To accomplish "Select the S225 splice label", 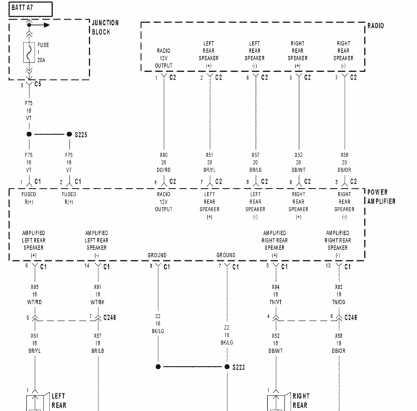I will pyautogui.click(x=81, y=134).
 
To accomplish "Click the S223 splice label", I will pyautogui.click(x=239, y=367).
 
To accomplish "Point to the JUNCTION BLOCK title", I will pyautogui.click(x=105, y=27).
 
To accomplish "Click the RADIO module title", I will pyautogui.click(x=376, y=26).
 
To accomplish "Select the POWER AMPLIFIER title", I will pyautogui.click(x=381, y=197).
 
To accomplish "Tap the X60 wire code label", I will pyautogui.click(x=164, y=155).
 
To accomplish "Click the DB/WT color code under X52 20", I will pyautogui.click(x=298, y=170).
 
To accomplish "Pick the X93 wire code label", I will pyautogui.click(x=34, y=287).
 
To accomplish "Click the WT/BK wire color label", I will pyautogui.click(x=97, y=301).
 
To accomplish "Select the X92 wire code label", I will pyautogui.click(x=338, y=287).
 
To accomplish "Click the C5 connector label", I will pyautogui.click(x=38, y=85).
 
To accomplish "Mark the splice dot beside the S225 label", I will pyautogui.click(x=69, y=134).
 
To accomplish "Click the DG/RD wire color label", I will pyautogui.click(x=164, y=170).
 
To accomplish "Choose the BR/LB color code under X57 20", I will pyautogui.click(x=255, y=170).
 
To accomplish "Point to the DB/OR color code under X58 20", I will pyautogui.click(x=344, y=170).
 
